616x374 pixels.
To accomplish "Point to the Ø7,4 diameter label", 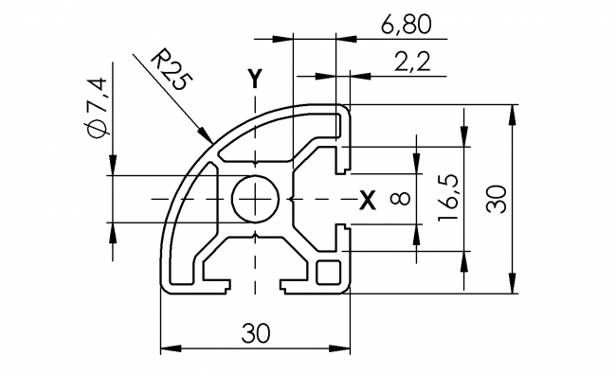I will (97, 109).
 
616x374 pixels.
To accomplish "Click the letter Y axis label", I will (253, 79).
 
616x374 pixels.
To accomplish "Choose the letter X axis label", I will (367, 199).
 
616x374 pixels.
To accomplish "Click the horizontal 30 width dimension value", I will (254, 332).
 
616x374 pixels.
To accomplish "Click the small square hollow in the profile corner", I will (329, 272).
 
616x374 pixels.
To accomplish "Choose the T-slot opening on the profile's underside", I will (254, 284).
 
